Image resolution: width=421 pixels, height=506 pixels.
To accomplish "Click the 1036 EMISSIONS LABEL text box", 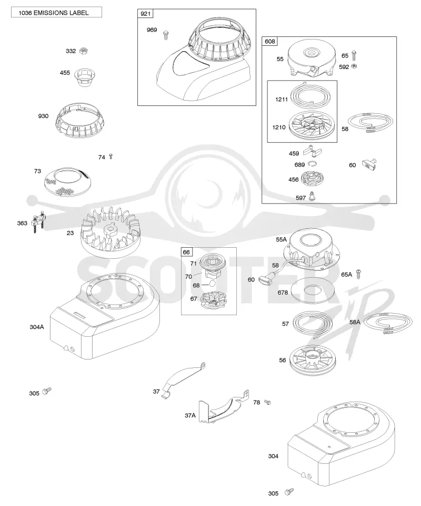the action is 56,12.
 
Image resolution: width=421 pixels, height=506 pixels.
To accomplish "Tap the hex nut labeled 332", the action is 84,51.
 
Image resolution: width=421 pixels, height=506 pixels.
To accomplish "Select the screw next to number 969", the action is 166,35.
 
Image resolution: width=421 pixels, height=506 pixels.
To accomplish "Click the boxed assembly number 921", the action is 145,14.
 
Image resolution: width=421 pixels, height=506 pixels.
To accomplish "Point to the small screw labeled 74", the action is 111,157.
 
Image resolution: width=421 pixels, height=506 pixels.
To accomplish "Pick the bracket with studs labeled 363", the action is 38,222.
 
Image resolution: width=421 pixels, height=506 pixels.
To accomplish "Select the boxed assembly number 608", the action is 269,41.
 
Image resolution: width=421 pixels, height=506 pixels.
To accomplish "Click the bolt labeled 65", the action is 354,56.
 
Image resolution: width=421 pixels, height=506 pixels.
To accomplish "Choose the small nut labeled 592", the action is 354,66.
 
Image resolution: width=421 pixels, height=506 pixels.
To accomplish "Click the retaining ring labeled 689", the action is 312,164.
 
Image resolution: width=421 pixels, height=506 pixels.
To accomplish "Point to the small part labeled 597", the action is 311,196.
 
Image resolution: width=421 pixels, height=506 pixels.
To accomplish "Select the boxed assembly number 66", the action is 186,252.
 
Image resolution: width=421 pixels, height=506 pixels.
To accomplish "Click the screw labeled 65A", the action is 358,274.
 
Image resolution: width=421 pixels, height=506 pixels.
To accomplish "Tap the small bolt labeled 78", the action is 267,402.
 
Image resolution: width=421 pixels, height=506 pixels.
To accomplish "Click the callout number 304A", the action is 37,327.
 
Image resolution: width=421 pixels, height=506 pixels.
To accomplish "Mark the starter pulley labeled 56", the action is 311,360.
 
